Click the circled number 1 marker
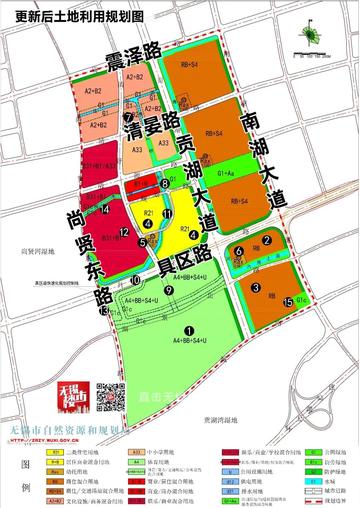(x=187, y=330)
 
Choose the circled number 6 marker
(x=238, y=250)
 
